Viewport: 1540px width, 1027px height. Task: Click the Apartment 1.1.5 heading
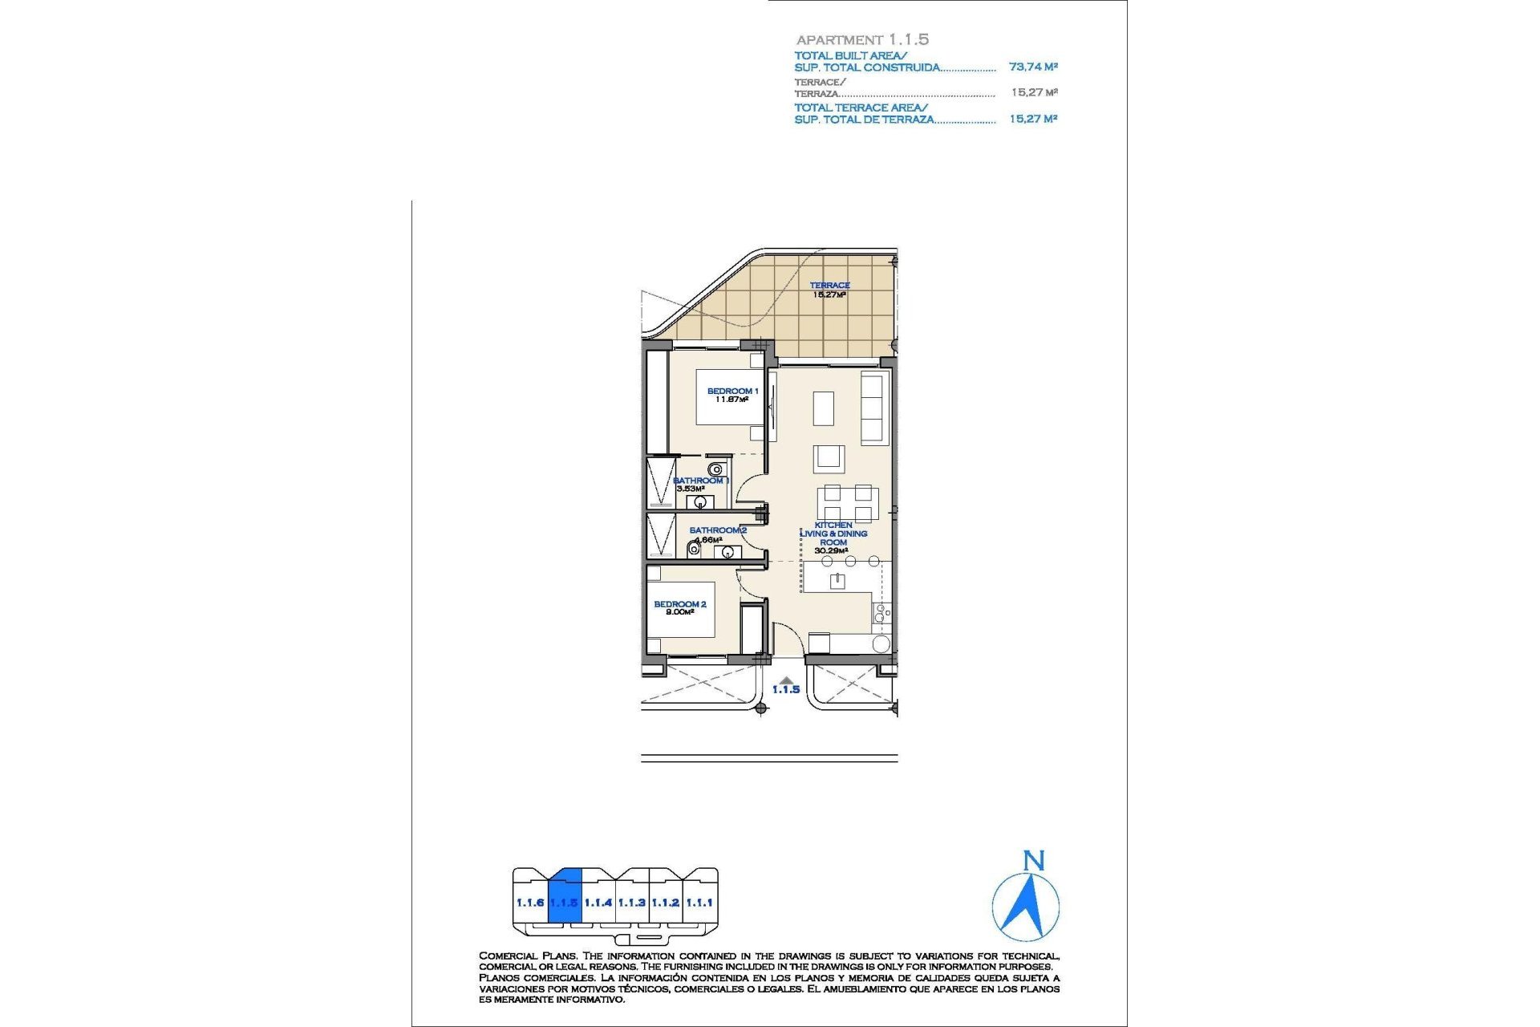point(862,39)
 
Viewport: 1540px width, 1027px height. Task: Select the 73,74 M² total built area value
point(1033,67)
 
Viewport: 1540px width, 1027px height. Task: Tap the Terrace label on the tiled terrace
point(829,286)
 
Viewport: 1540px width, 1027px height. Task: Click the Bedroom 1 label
point(731,392)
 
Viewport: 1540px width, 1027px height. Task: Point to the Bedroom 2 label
point(679,604)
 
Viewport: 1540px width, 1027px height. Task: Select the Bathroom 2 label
point(718,530)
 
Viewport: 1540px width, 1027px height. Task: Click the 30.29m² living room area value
point(831,551)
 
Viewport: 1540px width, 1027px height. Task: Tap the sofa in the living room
point(873,408)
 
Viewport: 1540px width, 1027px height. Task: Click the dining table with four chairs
point(848,504)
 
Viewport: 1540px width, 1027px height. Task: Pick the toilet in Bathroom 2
point(694,550)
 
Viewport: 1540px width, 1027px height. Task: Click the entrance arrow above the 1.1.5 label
point(786,680)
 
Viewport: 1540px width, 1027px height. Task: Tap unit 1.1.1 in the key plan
point(699,903)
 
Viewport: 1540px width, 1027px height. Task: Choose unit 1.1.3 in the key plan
point(631,903)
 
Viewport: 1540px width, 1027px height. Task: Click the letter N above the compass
point(1034,861)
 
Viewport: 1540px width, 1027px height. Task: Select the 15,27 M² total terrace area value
point(1033,119)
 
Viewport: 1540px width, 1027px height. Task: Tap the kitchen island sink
point(837,580)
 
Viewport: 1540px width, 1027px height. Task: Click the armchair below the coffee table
point(829,459)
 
